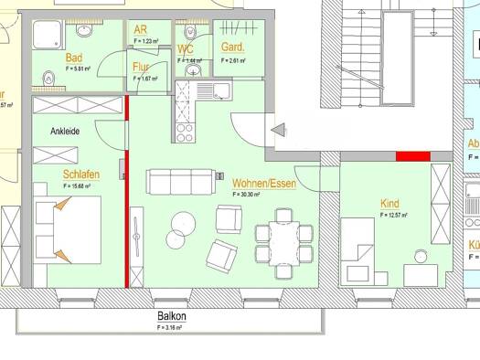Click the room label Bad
[x=74, y=58]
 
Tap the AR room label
[x=141, y=29]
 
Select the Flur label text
[x=142, y=67]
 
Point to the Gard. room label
[x=231, y=47]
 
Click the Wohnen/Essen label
[x=262, y=183]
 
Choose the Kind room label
[x=390, y=204]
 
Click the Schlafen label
[x=81, y=175]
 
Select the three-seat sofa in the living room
[x=181, y=183]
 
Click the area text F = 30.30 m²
[x=246, y=195]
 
